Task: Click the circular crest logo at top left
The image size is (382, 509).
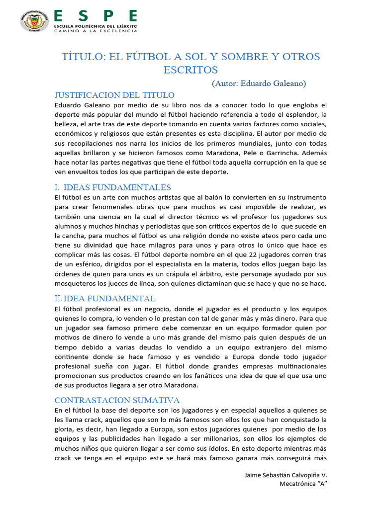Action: click(33, 20)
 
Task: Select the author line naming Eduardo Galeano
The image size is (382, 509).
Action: click(259, 83)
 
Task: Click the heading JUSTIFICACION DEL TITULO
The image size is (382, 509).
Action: click(114, 95)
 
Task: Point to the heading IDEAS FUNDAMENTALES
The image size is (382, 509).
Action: click(117, 187)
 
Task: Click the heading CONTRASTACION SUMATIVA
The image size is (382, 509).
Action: click(117, 400)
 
